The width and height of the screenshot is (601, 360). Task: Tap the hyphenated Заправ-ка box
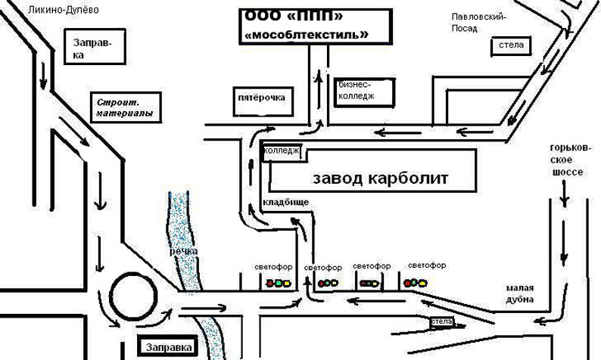point(89,49)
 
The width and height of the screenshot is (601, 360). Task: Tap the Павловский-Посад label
point(478,22)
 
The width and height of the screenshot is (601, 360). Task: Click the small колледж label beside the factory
point(282,152)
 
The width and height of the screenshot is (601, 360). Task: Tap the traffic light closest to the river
point(276,284)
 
